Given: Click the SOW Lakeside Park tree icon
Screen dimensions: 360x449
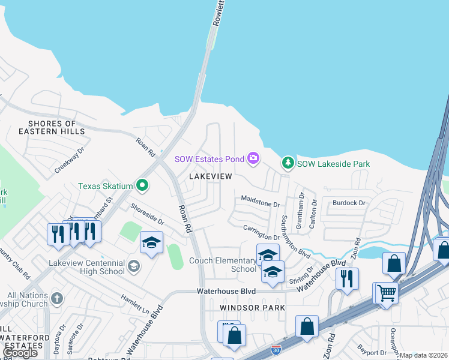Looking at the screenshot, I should [288, 163].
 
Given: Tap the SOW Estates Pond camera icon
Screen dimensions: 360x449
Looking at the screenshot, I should [253, 158].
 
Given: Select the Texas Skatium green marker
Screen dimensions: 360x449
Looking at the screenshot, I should [142, 185].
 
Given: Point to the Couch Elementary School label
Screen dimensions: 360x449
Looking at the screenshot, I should [223, 265].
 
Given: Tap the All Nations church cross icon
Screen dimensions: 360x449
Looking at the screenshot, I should [57, 298].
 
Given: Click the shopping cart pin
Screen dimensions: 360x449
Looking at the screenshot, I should [388, 292].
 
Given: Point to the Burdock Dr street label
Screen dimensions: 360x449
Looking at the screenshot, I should [349, 203].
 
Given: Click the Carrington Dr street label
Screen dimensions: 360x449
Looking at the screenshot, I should [262, 231].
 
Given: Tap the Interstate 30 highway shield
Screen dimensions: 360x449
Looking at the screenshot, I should [276, 349].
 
